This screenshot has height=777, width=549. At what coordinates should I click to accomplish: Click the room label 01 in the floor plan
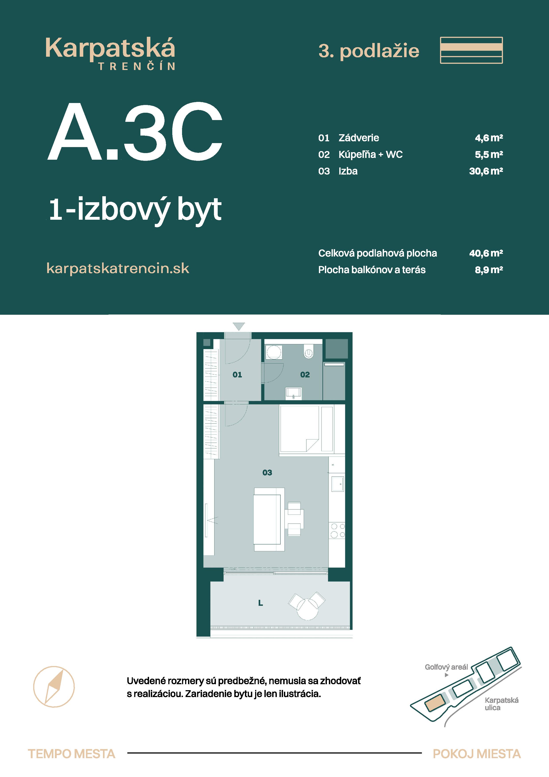click(237, 375)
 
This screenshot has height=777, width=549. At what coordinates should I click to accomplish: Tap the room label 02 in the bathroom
click(305, 375)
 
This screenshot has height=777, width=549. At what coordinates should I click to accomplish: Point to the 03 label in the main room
click(267, 472)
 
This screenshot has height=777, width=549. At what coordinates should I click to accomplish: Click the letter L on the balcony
click(260, 603)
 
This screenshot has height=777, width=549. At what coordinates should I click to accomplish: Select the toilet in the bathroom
click(308, 352)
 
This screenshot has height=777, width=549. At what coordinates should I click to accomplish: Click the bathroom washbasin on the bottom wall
click(293, 392)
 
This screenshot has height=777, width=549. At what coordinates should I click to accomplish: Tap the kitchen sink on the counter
click(337, 484)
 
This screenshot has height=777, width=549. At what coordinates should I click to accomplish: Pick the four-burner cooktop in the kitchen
click(337, 530)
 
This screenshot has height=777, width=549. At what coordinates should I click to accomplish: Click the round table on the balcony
click(307, 609)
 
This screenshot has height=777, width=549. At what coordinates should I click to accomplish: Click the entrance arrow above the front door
click(239, 326)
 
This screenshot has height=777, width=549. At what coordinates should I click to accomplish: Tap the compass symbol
click(54, 687)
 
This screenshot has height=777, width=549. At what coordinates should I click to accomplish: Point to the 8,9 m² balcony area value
click(489, 270)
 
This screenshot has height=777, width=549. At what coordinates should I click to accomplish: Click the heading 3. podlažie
click(369, 51)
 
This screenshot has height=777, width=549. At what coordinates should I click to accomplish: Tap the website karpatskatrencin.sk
click(118, 268)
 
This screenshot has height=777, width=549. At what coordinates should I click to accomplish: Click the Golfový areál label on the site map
click(446, 667)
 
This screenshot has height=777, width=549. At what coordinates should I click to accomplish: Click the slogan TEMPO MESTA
click(71, 754)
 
